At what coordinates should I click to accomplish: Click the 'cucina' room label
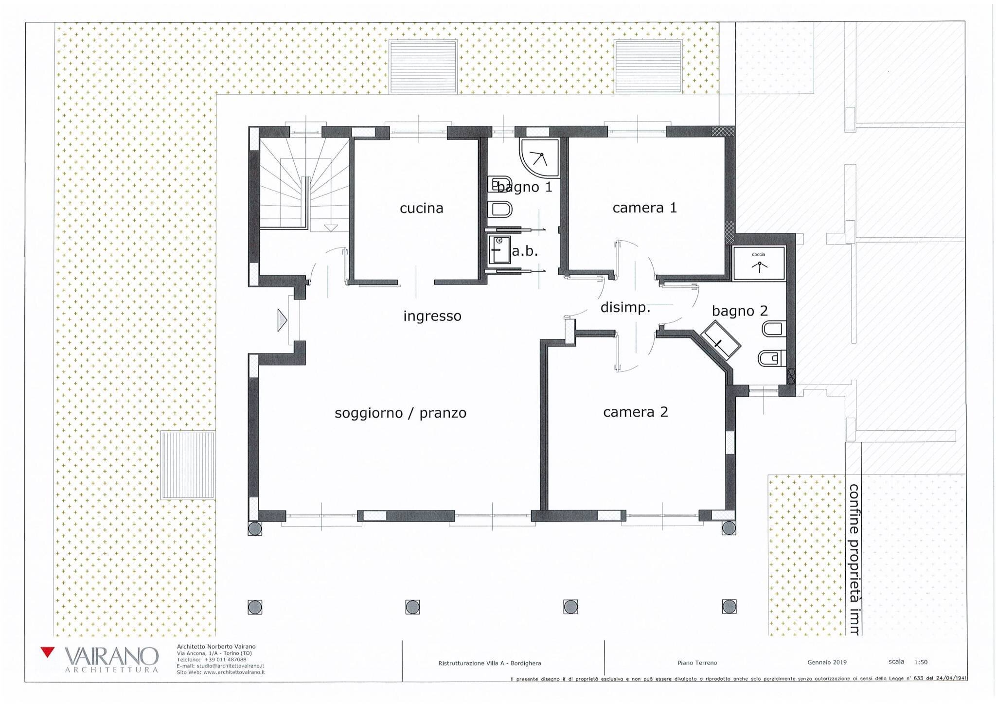click(x=421, y=209)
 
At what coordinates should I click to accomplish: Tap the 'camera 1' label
click(x=644, y=208)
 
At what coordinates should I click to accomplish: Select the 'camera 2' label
click(x=635, y=412)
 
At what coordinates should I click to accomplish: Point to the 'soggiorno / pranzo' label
click(x=400, y=413)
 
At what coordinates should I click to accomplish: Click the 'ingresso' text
click(x=432, y=317)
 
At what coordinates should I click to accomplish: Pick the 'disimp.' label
click(x=625, y=308)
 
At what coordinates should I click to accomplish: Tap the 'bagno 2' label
click(x=739, y=311)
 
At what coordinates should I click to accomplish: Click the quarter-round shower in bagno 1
click(x=537, y=156)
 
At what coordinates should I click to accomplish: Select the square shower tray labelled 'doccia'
click(x=759, y=264)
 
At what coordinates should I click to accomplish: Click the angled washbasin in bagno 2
click(x=720, y=340)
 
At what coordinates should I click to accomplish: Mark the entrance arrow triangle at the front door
click(x=282, y=320)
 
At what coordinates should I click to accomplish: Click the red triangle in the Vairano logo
click(x=47, y=652)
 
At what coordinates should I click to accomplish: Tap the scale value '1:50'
click(x=921, y=662)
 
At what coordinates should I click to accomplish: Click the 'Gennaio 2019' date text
click(x=827, y=662)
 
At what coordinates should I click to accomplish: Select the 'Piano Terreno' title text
click(x=697, y=663)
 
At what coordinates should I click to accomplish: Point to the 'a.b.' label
click(x=525, y=252)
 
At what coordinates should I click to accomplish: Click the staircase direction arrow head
click(x=331, y=228)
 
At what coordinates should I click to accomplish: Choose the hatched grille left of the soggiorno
click(x=188, y=465)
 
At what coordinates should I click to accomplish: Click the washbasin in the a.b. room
click(x=498, y=249)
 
